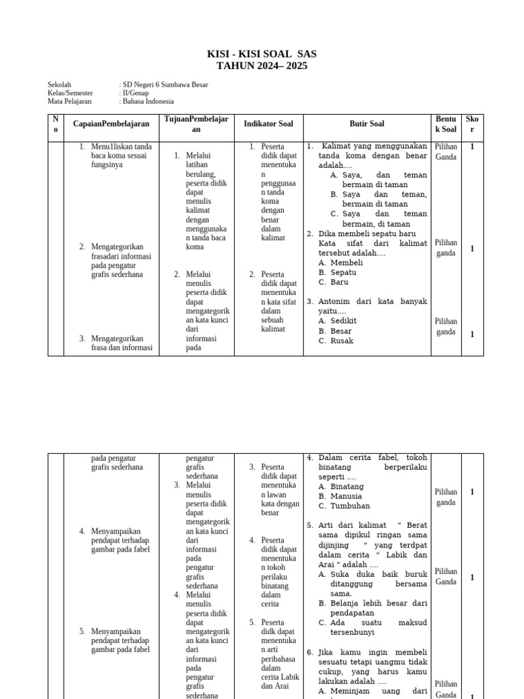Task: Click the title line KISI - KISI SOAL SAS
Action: [x=262, y=54]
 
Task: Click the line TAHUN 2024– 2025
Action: [x=262, y=66]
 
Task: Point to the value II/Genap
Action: [x=137, y=93]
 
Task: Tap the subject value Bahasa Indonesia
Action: [x=148, y=101]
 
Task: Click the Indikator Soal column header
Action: [x=268, y=124]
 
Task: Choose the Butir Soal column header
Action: [x=366, y=124]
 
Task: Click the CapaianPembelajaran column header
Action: [x=111, y=124]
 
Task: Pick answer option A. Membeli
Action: [x=340, y=262]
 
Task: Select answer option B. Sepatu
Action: [x=338, y=272]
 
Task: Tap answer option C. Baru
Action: [x=334, y=281]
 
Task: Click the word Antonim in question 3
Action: [x=336, y=301]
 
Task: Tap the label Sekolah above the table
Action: [x=59, y=85]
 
